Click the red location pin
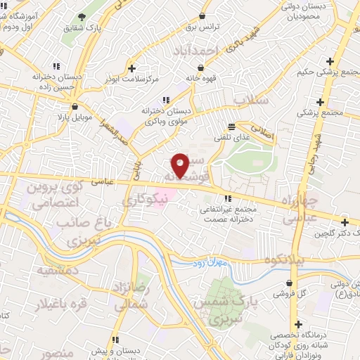click(x=180, y=165)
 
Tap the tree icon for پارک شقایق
click(x=82, y=16)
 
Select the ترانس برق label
click(x=204, y=27)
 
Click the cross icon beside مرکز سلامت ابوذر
click(x=131, y=68)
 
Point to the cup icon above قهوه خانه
click(x=202, y=68)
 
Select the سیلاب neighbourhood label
click(x=251, y=101)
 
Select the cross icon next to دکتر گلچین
click(x=344, y=222)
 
